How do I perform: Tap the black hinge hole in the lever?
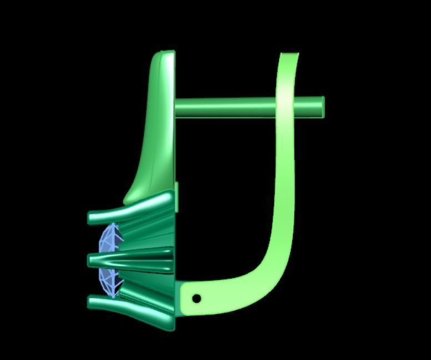196,298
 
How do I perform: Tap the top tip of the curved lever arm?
289,55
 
